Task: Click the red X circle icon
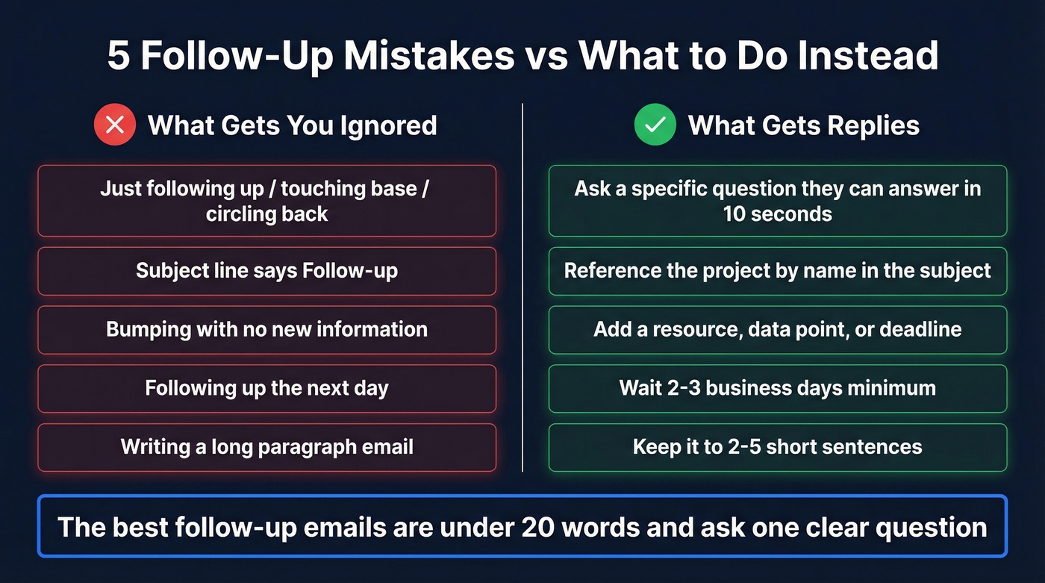(x=115, y=125)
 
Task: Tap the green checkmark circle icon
(x=655, y=125)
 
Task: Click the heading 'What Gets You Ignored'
(x=292, y=125)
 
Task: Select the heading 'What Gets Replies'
(x=803, y=125)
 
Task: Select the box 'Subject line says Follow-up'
(x=266, y=270)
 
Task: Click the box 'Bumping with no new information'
(x=266, y=329)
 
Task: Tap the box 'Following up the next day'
(x=266, y=388)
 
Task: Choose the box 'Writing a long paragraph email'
(x=266, y=447)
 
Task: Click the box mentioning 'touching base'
(x=266, y=201)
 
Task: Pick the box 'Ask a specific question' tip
(x=777, y=201)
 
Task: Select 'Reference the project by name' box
(x=777, y=270)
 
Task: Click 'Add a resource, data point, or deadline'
(x=777, y=329)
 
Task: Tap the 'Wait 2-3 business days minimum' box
(x=777, y=388)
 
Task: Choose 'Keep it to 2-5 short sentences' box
(x=777, y=447)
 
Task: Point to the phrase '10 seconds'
(x=777, y=214)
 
